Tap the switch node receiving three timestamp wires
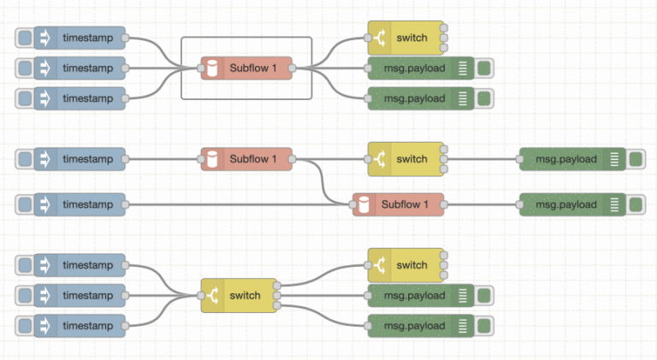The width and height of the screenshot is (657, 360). pos(242,296)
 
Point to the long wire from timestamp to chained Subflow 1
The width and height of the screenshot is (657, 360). pos(240,205)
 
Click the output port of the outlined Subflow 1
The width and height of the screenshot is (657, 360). pos(293,68)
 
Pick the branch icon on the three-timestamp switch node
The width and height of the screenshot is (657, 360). pos(212,296)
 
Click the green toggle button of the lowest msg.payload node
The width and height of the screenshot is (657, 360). pos(483,326)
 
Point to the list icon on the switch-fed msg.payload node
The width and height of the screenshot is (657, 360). pos(614,159)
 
